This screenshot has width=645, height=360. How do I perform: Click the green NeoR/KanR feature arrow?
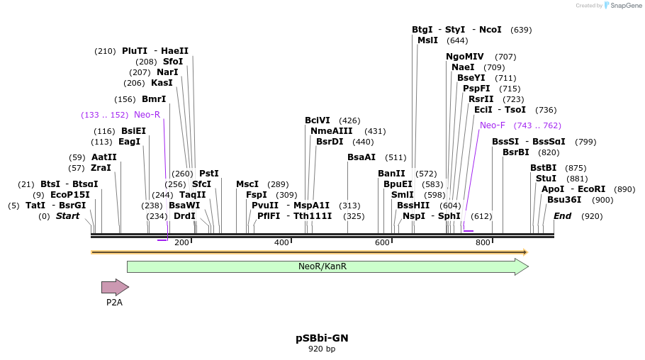[x=327, y=266]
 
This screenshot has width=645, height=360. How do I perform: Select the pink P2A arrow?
[x=115, y=287]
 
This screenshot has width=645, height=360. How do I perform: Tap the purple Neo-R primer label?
[x=147, y=115]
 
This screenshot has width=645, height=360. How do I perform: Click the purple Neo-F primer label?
[x=493, y=125]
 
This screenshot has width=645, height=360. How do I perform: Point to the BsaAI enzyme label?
[x=361, y=157]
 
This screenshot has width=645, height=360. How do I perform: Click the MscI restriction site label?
[x=247, y=184]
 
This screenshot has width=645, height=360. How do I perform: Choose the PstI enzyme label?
[x=209, y=173]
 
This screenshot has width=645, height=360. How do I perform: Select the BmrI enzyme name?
[x=154, y=99]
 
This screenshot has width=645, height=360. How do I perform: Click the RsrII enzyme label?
[x=481, y=99]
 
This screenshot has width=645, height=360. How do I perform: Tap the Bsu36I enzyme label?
[x=564, y=200]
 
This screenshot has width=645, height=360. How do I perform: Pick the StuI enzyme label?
[x=546, y=179]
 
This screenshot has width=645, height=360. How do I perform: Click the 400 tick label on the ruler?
[x=281, y=243]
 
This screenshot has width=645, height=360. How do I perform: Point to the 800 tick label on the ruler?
[x=483, y=243]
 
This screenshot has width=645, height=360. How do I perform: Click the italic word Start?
[x=67, y=216]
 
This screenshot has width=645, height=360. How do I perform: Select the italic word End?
[x=562, y=216]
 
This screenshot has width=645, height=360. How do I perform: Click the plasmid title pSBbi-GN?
[x=322, y=338]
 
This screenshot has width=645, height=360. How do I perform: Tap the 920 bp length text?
[x=322, y=349]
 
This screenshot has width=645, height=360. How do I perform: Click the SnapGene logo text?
[x=626, y=6]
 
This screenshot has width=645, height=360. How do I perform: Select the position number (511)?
[x=396, y=157]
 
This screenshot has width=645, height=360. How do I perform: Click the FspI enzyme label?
[x=257, y=195]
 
